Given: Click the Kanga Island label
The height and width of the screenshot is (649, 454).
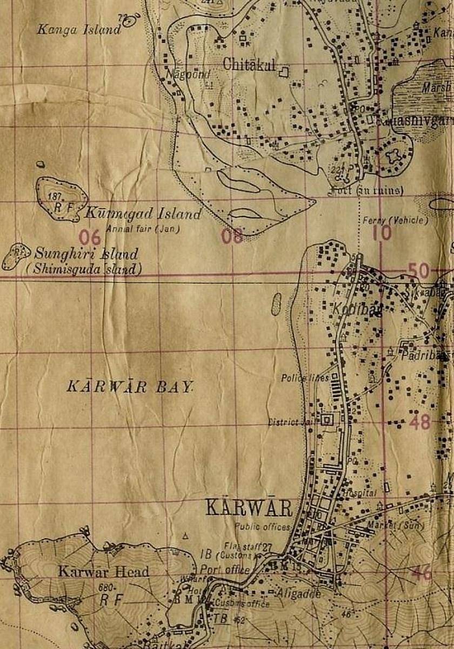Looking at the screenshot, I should click(78, 30).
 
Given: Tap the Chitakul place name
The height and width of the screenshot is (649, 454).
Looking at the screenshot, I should click(249, 64).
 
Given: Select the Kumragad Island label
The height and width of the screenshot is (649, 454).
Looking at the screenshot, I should click(143, 214).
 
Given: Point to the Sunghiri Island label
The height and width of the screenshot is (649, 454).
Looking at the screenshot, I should click(86, 254).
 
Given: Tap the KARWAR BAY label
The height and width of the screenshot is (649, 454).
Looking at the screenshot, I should click(130, 387).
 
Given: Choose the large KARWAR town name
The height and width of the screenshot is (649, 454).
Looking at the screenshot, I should click(249, 508).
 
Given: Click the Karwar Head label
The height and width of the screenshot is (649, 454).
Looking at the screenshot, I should click(104, 571).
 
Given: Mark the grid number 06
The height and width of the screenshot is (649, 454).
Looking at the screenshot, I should click(90, 236).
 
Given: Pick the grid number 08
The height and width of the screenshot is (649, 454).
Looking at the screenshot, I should click(232, 236).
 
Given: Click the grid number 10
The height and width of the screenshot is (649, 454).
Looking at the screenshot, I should click(382, 233).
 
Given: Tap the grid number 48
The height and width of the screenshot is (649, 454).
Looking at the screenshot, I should click(419, 421).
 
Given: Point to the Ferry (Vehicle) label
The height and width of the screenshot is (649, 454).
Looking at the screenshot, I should click(395, 220).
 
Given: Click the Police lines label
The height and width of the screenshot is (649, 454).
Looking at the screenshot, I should click(305, 378).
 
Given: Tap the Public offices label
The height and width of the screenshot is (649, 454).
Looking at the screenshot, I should click(262, 526).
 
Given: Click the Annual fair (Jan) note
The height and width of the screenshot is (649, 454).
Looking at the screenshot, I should click(143, 229).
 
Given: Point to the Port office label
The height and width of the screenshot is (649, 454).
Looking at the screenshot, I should click(225, 569).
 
